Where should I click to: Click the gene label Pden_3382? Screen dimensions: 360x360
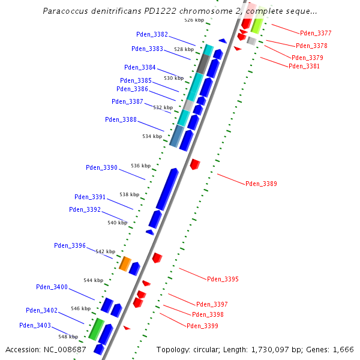(152, 34)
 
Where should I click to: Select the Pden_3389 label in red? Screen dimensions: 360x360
(261, 184)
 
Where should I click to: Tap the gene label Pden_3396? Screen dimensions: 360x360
(70, 245)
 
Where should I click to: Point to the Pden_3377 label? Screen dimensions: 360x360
(316, 33)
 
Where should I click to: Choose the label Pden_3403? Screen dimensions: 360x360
(35, 325)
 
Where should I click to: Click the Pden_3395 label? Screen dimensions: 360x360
(223, 279)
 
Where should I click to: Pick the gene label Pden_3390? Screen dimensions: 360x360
(101, 167)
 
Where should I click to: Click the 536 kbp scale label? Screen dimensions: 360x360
(140, 166)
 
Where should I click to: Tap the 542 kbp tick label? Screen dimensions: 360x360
(104, 251)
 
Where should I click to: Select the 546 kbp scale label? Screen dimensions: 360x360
(80, 308)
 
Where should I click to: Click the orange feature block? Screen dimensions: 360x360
(125, 263)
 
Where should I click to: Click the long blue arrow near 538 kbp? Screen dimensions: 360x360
(167, 189)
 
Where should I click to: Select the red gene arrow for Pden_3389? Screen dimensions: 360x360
(194, 163)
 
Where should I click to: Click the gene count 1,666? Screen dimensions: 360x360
(343, 349)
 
